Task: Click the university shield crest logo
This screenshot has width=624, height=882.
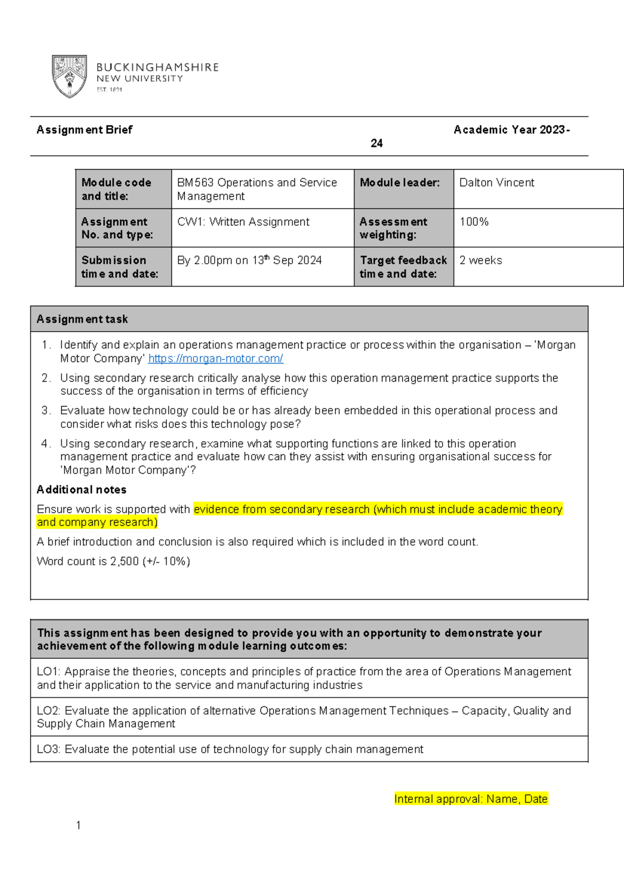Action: pyautogui.click(x=69, y=76)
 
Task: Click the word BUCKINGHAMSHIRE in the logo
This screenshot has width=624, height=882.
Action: pyautogui.click(x=158, y=67)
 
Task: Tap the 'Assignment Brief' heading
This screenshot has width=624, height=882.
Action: pyautogui.click(x=84, y=129)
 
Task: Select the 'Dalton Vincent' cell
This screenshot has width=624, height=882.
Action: pyautogui.click(x=497, y=183)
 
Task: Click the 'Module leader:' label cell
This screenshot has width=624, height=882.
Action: pyautogui.click(x=399, y=183)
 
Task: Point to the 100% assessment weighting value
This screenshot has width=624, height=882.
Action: pyautogui.click(x=474, y=222)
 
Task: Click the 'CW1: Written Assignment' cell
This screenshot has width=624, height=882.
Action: pyautogui.click(x=243, y=222)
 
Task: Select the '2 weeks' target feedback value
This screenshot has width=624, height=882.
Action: pyautogui.click(x=480, y=260)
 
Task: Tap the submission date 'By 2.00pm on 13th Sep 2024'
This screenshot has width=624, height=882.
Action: pyautogui.click(x=249, y=260)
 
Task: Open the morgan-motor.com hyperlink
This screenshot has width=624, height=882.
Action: pyautogui.click(x=215, y=358)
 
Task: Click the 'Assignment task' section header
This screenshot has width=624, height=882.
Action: pyautogui.click(x=82, y=319)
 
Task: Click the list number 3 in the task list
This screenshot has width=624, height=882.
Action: pyautogui.click(x=46, y=410)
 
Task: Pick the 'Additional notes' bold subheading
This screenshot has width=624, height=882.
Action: pyautogui.click(x=82, y=489)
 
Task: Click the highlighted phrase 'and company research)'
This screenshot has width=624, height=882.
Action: pyautogui.click(x=97, y=522)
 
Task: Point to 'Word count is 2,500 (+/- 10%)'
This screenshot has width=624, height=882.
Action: pyautogui.click(x=113, y=561)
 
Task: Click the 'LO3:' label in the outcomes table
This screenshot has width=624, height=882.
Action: pyautogui.click(x=48, y=749)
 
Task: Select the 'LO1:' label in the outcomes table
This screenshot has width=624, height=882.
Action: pyautogui.click(x=48, y=671)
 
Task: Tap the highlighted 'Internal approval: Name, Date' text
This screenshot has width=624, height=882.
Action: pyautogui.click(x=471, y=799)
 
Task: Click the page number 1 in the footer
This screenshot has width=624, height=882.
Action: pyautogui.click(x=78, y=825)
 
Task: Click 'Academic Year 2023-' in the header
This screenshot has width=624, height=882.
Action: pyautogui.click(x=511, y=129)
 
